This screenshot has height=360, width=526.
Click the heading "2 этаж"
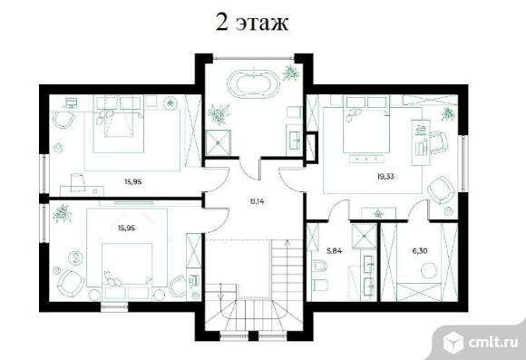[251, 23]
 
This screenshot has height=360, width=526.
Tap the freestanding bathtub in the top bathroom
[254, 82]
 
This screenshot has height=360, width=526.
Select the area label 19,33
[385, 176]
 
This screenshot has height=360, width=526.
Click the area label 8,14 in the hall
[258, 201]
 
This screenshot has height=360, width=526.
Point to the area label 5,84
[334, 250]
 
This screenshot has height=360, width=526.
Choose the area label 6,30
[420, 250]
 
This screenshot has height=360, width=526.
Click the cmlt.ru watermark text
[492, 342]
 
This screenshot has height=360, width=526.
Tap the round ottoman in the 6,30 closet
[429, 271]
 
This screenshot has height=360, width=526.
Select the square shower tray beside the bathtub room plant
[219, 142]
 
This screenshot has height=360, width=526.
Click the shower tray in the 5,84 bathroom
[364, 236]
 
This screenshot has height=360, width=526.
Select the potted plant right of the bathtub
[290, 73]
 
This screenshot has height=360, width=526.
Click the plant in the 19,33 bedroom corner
[449, 114]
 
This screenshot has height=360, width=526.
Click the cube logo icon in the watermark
[453, 342]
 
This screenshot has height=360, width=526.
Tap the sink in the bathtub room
[296, 140]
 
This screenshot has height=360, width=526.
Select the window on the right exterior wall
[463, 163]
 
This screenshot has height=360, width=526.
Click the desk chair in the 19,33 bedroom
[438, 141]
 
